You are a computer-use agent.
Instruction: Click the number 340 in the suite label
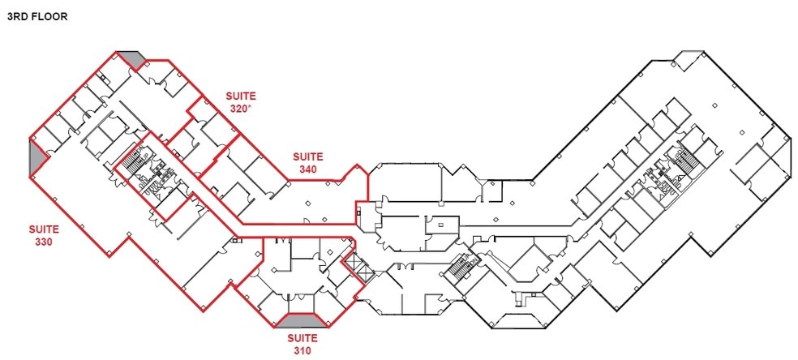pyautogui.click(x=307, y=169)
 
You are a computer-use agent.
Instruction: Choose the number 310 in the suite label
pyautogui.click(x=301, y=350)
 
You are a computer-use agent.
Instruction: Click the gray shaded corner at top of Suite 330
pyautogui.click(x=130, y=59)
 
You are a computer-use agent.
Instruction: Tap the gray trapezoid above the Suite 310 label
pyautogui.click(x=302, y=320)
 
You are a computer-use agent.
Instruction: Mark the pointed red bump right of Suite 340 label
pyautogui.click(x=354, y=170)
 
